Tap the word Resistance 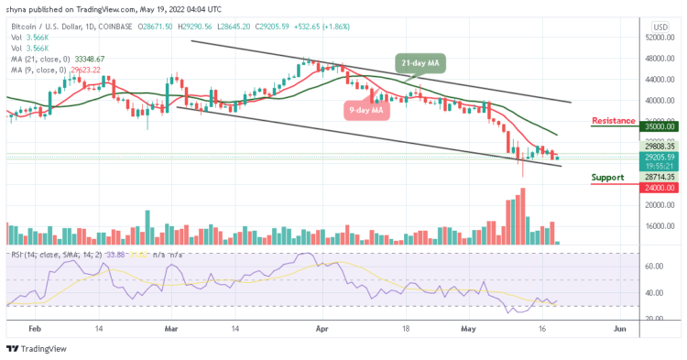click(615, 120)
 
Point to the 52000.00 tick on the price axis click(657, 38)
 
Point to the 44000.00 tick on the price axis click(657, 80)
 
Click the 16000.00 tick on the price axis click(657, 226)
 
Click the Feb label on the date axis click(36, 325)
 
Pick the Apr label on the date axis click(321, 325)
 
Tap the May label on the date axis click(467, 325)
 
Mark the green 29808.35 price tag click(657, 146)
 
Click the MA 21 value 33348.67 click(89, 59)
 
